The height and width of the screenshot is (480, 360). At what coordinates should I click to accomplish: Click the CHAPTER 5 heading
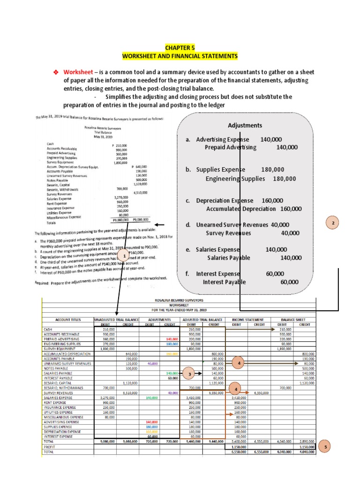tap(180, 48)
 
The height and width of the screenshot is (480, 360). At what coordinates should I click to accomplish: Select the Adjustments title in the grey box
tap(245, 126)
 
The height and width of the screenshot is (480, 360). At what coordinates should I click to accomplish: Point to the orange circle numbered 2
tap(332, 224)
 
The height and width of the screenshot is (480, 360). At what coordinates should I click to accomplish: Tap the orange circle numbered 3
tap(189, 374)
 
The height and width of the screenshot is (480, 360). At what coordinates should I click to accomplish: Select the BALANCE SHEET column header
tap(294, 319)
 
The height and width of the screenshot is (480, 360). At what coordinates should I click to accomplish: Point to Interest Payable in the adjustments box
tap(224, 282)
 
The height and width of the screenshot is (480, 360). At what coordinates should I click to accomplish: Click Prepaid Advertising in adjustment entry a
tap(231, 147)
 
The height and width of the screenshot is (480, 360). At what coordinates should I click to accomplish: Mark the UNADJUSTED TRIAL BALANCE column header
tap(117, 319)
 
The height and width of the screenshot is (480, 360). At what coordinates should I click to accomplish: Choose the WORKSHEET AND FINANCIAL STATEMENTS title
tap(180, 56)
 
